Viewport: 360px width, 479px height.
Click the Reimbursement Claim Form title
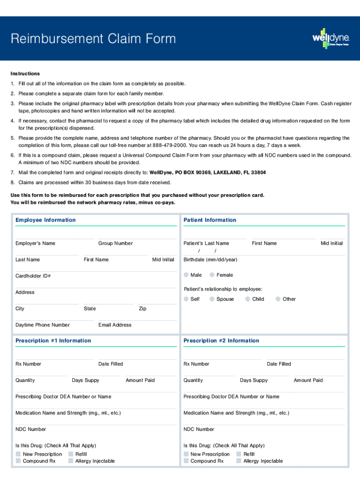pyautogui.click(x=94, y=39)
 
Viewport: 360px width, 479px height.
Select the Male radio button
pyautogui.click(x=187, y=275)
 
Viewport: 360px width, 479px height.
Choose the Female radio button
pyautogui.click(x=212, y=275)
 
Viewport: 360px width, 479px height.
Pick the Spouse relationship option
pyautogui.click(x=212, y=299)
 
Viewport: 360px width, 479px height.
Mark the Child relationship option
pyautogui.click(x=248, y=299)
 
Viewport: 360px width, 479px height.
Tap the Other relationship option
pyautogui.click(x=278, y=299)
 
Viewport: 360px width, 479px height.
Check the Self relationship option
pyautogui.click(x=187, y=299)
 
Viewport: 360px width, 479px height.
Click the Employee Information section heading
pyautogui.click(x=45, y=220)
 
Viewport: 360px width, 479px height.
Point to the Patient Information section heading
pyautogui.click(x=210, y=220)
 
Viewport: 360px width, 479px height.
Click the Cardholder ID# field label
pyautogui.click(x=33, y=276)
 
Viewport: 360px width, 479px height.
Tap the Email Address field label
pyautogui.click(x=115, y=325)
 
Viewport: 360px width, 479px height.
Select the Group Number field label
pyautogui.click(x=115, y=243)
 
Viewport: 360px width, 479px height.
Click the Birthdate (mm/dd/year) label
pyautogui.click(x=210, y=260)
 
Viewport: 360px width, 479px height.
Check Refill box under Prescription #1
pyautogui.click(x=71, y=454)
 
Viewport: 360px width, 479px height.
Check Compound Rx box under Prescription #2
pyautogui.click(x=186, y=461)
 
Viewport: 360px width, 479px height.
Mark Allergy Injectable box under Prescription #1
pyautogui.click(x=71, y=461)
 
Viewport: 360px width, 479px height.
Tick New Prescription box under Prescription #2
pyautogui.click(x=186, y=454)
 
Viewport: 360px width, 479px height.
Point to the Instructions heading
pyautogui.click(x=25, y=74)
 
